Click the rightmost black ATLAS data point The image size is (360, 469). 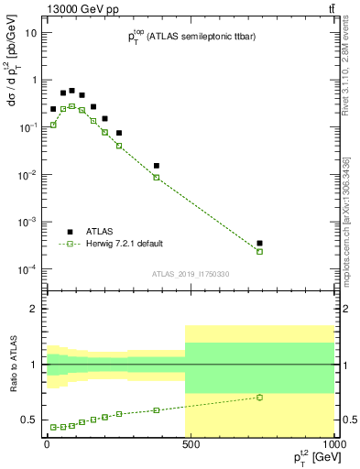pyautogui.click(x=260, y=244)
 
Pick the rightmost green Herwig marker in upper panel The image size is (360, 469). pyautogui.click(x=260, y=251)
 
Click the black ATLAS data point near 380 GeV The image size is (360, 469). pyautogui.click(x=157, y=166)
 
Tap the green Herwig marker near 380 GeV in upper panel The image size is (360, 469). pyautogui.click(x=157, y=177)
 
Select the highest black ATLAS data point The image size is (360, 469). pyautogui.click(x=71, y=91)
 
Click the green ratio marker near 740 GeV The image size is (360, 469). pyautogui.click(x=260, y=397)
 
